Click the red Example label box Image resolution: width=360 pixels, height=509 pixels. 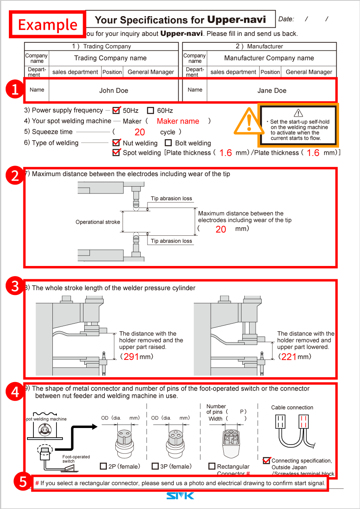[48, 24]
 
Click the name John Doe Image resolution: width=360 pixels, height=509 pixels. [114, 91]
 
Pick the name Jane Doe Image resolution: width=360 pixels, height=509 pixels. [272, 91]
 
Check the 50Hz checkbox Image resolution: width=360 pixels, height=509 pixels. [117, 110]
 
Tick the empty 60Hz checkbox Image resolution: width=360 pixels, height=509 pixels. [151, 110]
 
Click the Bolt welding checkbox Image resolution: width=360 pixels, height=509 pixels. [169, 143]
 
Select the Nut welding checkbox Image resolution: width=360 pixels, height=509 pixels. [117, 143]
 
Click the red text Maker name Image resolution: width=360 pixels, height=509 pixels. [178, 121]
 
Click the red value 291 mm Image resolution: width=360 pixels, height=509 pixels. [131, 357]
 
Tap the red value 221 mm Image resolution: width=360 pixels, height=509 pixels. [289, 357]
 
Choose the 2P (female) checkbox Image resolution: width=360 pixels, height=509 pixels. [103, 466]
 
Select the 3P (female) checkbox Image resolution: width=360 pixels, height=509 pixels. [155, 466]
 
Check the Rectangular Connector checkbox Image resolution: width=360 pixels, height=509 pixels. [212, 466]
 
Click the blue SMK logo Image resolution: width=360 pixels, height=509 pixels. [180, 495]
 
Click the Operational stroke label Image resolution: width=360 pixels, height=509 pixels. [98, 222]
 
